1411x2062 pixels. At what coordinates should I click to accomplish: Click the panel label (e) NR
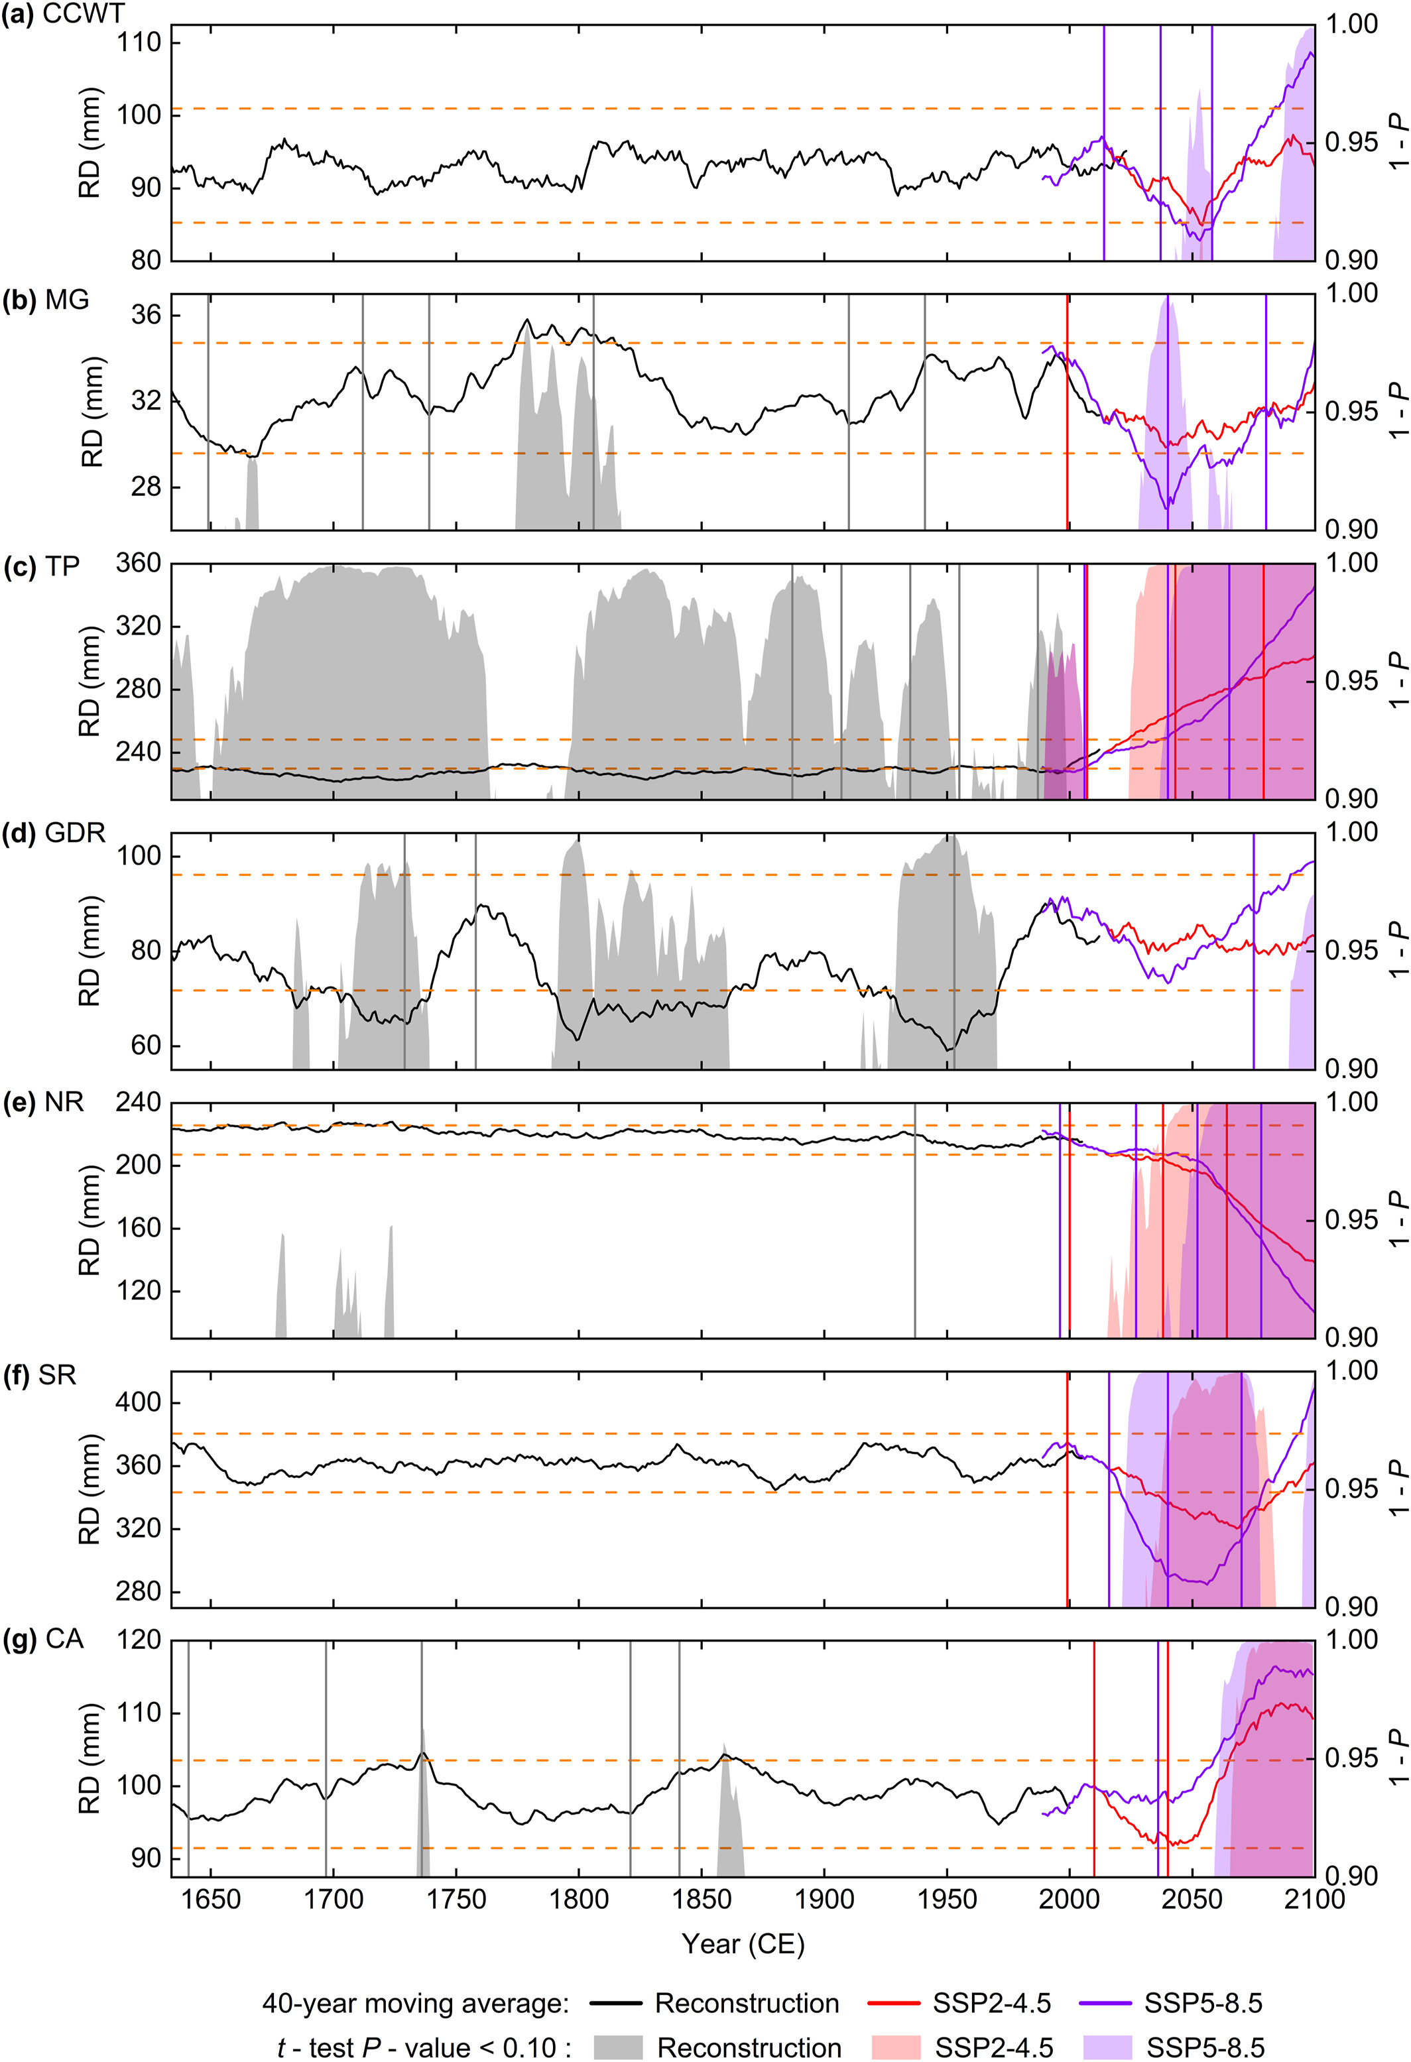pos(44,1102)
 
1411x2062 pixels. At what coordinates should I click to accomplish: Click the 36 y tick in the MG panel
pos(147,316)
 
